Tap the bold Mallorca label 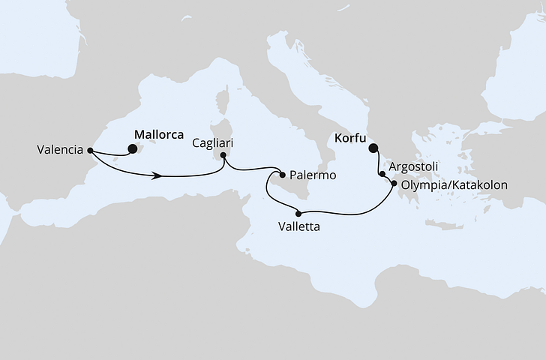(158, 135)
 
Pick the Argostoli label (414, 166)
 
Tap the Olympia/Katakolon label (455, 184)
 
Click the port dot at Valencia (89, 149)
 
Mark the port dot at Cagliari (221, 155)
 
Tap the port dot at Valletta (298, 214)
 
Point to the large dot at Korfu (373, 148)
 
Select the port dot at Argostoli (383, 175)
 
